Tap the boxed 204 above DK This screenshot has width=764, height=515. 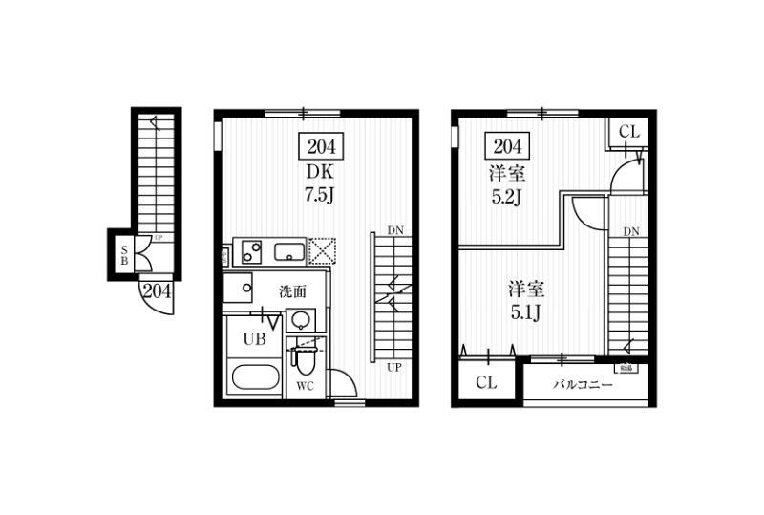[x=321, y=147]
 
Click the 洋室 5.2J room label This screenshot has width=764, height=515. [x=508, y=187]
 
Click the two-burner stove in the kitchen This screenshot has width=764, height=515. [x=251, y=253]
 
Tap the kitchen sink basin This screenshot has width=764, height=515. [x=289, y=253]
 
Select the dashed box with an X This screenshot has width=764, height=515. [x=321, y=252]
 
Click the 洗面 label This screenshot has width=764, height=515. [x=292, y=291]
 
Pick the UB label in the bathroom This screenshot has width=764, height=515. [x=253, y=338]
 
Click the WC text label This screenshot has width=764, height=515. [x=306, y=387]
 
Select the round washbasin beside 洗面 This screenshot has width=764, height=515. [x=301, y=320]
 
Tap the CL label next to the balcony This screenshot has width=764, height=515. [x=486, y=383]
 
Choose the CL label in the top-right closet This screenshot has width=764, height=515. [x=629, y=131]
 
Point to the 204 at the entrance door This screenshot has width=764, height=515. [x=157, y=291]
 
